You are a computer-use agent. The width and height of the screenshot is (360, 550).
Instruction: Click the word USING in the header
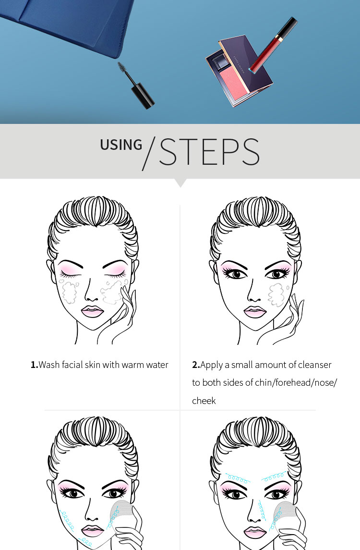coord(121,145)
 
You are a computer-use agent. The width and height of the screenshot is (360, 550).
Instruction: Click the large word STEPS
coord(209,151)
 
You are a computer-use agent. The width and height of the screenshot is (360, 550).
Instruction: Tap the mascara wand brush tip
coord(123,68)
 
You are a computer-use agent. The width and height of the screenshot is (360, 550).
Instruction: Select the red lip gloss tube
coord(273,44)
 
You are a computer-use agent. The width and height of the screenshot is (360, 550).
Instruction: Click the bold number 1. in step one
coord(35,365)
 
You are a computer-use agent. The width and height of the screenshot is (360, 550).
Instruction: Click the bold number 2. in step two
coord(196,365)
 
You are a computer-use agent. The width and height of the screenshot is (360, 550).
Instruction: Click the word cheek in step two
coord(204,401)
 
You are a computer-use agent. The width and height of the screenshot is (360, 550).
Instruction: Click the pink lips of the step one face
coord(92,311)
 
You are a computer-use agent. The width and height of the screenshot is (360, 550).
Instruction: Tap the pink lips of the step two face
coord(255,311)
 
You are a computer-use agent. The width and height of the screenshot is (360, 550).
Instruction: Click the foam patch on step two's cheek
coord(276,294)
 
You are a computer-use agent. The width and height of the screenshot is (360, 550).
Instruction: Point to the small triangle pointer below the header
coord(180,183)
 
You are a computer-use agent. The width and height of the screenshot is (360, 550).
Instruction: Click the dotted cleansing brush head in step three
coord(121,513)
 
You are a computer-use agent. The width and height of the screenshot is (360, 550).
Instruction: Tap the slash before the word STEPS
coord(149,154)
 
